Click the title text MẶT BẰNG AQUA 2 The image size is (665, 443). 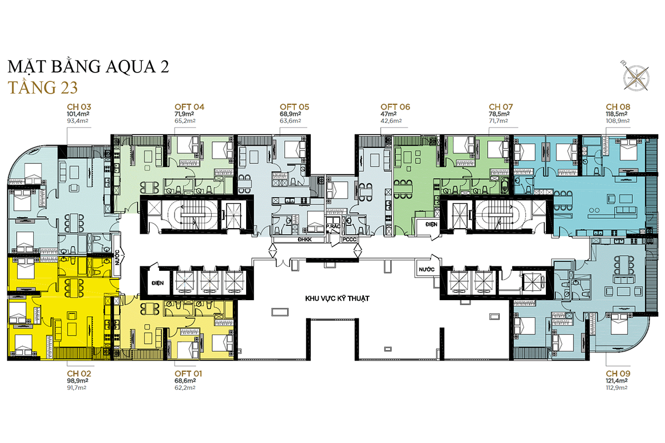[88, 67]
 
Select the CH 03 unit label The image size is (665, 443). [79, 107]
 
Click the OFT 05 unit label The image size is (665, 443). [294, 107]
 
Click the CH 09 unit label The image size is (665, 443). [618, 373]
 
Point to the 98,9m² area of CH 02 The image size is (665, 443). [78, 382]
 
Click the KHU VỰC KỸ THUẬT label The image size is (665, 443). [337, 298]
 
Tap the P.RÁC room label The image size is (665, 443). [333, 227]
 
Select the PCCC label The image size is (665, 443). [350, 239]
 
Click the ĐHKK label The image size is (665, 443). [304, 239]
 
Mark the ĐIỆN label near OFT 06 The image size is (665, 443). [431, 225]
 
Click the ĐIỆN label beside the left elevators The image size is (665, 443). [157, 283]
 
